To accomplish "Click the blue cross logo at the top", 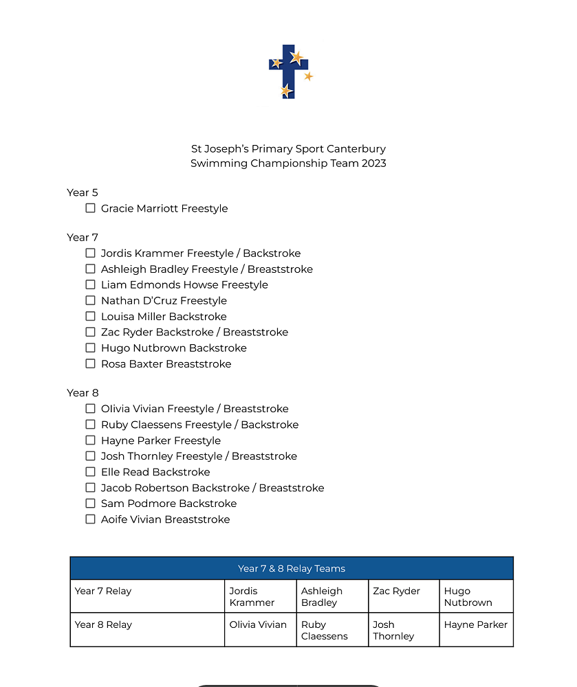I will coord(289,71).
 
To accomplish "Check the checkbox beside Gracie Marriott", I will coord(90,208).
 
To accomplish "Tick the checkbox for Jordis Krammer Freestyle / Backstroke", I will coord(90,253).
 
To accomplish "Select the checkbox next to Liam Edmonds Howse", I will coord(90,284).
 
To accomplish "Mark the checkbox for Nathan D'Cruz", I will coord(90,300).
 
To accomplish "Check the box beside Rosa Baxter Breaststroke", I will coord(90,363).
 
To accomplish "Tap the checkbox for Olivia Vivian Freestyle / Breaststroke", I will coord(90,408).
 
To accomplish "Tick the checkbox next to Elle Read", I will coord(90,471).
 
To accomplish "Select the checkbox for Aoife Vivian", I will coord(90,519).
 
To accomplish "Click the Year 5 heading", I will coord(83,192).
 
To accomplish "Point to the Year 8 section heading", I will coord(83,393).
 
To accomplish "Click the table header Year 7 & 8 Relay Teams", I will coord(292,568).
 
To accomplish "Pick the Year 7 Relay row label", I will coord(103,591).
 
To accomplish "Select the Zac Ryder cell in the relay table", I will coord(396,591).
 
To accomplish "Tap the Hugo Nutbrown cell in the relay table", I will coord(468,596).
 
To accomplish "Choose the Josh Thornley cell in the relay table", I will coord(393,630).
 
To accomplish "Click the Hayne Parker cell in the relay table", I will coord(476,624).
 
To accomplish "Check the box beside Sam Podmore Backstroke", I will coord(90,503).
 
